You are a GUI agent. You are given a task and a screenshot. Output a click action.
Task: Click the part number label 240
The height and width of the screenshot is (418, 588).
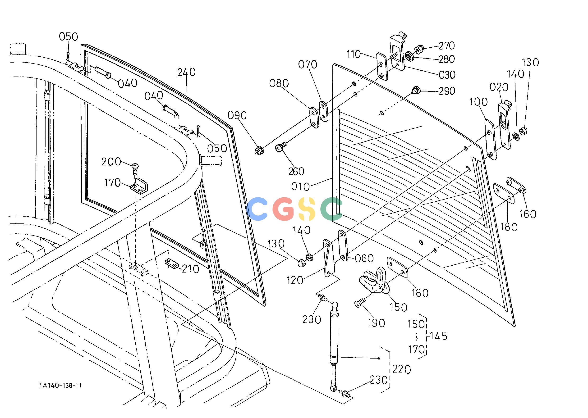click(x=186, y=72)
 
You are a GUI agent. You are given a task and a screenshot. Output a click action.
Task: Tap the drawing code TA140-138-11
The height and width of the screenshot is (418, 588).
click(x=60, y=385)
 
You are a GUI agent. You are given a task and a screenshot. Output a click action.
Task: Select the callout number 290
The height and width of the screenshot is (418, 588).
click(x=447, y=91)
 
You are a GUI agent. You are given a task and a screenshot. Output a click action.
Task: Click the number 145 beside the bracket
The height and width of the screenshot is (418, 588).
click(x=439, y=336)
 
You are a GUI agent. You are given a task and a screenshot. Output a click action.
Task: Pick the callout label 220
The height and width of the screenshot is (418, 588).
click(x=402, y=370)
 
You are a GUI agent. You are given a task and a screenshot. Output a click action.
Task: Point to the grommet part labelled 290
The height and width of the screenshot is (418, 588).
click(x=415, y=90)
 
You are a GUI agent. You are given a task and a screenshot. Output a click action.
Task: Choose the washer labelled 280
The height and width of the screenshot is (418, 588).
click(x=409, y=56)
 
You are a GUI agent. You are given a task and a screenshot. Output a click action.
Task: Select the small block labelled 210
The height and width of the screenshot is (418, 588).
click(x=171, y=264)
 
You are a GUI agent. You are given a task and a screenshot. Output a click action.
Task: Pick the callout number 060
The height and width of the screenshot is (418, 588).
click(x=364, y=259)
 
